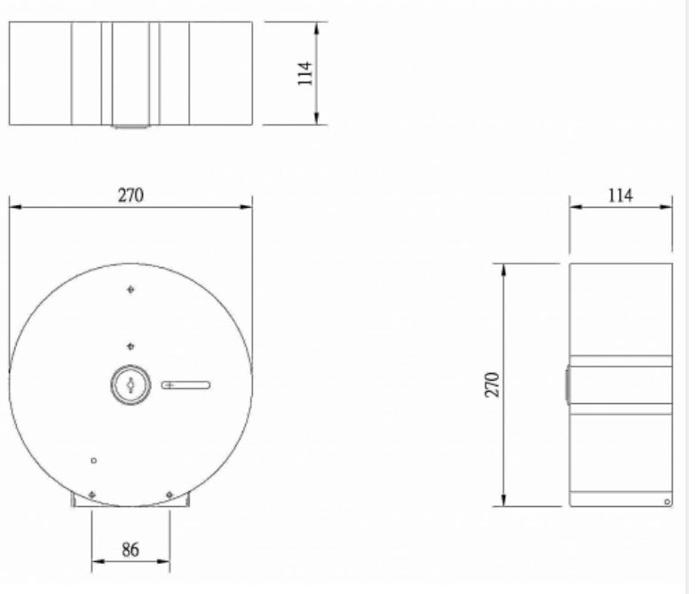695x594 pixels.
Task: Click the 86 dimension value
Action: pyautogui.click(x=130, y=550)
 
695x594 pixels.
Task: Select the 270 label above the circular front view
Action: pyautogui.click(x=130, y=195)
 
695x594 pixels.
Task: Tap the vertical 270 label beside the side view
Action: pyautogui.click(x=492, y=384)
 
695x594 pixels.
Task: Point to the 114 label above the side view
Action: pyautogui.click(x=620, y=195)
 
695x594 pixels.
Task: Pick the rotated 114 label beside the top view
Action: pyautogui.click(x=305, y=73)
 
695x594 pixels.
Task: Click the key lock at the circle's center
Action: pyautogui.click(x=130, y=384)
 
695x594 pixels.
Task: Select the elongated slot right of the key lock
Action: pyautogui.click(x=186, y=384)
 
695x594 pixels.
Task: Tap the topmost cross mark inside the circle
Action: pyautogui.click(x=130, y=289)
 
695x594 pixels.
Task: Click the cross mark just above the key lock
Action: pyautogui.click(x=130, y=346)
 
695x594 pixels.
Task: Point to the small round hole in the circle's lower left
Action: pyautogui.click(x=93, y=461)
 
